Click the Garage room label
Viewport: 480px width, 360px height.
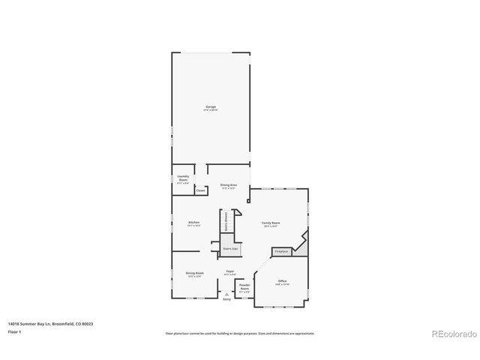click(211, 107)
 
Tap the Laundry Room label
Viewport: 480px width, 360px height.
click(183, 178)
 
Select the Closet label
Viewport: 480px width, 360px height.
click(200, 190)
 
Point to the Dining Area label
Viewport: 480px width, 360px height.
click(228, 184)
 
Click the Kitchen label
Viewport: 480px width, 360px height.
click(193, 223)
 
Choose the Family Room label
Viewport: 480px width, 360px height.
click(270, 223)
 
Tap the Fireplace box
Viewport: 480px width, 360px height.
click(281, 251)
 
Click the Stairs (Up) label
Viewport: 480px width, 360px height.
click(230, 247)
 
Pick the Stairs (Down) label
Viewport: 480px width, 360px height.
click(226, 219)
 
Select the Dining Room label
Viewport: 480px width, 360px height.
click(194, 273)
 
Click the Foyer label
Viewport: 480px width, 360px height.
click(230, 271)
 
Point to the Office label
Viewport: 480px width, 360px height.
click(282, 280)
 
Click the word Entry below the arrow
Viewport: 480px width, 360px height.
click(226, 299)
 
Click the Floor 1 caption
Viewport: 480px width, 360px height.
click(14, 331)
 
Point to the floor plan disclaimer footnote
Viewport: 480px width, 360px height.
click(239, 333)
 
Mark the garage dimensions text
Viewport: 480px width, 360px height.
click(211, 111)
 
